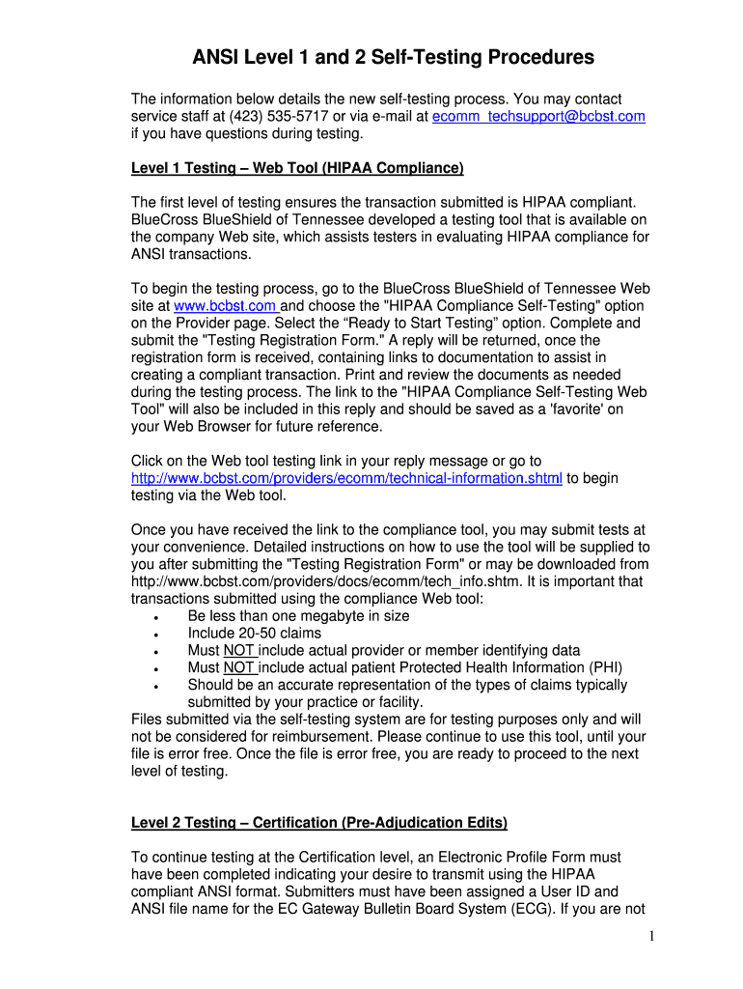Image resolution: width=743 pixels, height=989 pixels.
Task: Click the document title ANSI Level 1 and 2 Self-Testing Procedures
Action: [392, 58]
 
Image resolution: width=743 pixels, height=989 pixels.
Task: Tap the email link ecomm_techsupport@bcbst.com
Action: [538, 116]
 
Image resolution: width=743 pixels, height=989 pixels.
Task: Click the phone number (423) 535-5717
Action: [251, 116]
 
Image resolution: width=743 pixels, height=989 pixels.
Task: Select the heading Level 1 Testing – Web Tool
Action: [297, 168]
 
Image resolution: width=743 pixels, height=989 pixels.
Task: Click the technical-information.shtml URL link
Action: [346, 478]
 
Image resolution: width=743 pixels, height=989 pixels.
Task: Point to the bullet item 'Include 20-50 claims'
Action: [255, 634]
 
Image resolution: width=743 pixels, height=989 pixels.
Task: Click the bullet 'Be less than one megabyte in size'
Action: [298, 616]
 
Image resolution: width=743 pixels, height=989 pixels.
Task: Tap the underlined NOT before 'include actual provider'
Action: [238, 651]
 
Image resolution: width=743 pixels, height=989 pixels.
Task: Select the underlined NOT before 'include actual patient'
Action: [238, 667]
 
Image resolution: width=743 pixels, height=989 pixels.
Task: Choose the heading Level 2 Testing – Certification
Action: [318, 823]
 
